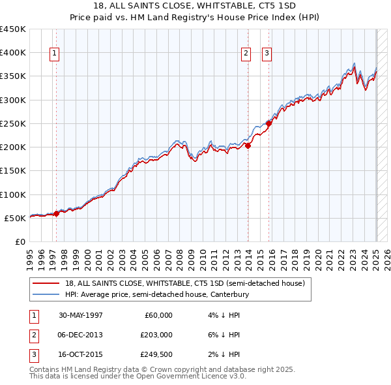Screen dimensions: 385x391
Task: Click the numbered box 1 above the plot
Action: click(54, 54)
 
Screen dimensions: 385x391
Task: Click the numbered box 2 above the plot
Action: click(246, 54)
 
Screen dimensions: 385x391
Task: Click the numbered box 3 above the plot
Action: click(267, 54)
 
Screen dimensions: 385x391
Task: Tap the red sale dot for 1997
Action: click(57, 213)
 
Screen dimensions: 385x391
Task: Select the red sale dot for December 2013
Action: click(248, 146)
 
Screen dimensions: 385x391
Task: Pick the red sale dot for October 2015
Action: click(269, 123)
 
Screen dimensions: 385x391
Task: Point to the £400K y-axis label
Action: click(13, 53)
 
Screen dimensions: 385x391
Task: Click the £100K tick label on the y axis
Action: click(13, 194)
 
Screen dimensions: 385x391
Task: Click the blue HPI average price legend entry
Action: click(157, 295)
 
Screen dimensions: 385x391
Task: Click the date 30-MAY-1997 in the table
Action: click(80, 315)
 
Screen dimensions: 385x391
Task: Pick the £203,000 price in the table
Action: click(156, 335)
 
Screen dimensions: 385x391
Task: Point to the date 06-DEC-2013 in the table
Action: click(80, 335)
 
